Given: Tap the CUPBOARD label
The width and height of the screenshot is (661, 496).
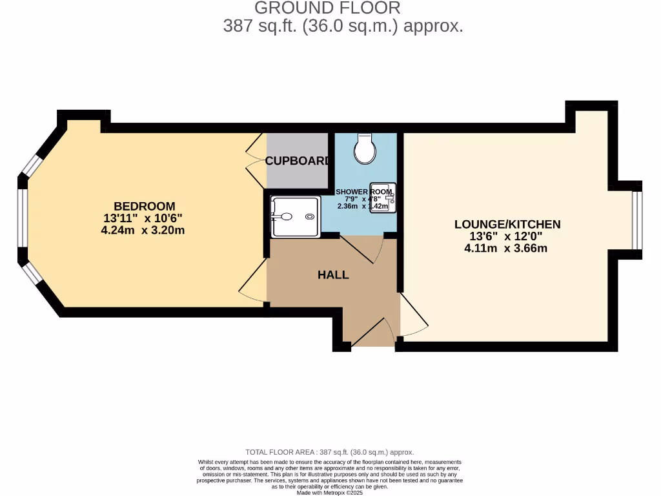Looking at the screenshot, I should point(298,161).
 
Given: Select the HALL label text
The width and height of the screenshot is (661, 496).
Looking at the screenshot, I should point(333,274).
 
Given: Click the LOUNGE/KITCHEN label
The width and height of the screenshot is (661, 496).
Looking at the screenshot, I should point(507,224).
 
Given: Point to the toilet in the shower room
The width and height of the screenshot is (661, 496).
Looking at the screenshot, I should point(365,149).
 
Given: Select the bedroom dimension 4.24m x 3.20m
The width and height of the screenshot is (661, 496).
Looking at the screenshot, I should point(144,230).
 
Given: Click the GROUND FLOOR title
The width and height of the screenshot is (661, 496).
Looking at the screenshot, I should point(327,8).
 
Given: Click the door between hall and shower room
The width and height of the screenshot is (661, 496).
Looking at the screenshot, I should point(361,249).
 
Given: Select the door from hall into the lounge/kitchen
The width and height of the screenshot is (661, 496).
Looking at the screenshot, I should point(413,315).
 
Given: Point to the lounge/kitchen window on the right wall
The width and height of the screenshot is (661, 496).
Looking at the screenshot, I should point(637,220).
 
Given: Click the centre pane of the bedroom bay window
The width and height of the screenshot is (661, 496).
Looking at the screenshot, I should point(23,218).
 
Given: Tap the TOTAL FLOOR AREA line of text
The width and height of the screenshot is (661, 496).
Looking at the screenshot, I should point(330,452).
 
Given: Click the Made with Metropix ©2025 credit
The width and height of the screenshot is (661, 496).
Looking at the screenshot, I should point(330,492).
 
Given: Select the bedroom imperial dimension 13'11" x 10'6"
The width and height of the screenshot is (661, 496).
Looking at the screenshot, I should point(144,218).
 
